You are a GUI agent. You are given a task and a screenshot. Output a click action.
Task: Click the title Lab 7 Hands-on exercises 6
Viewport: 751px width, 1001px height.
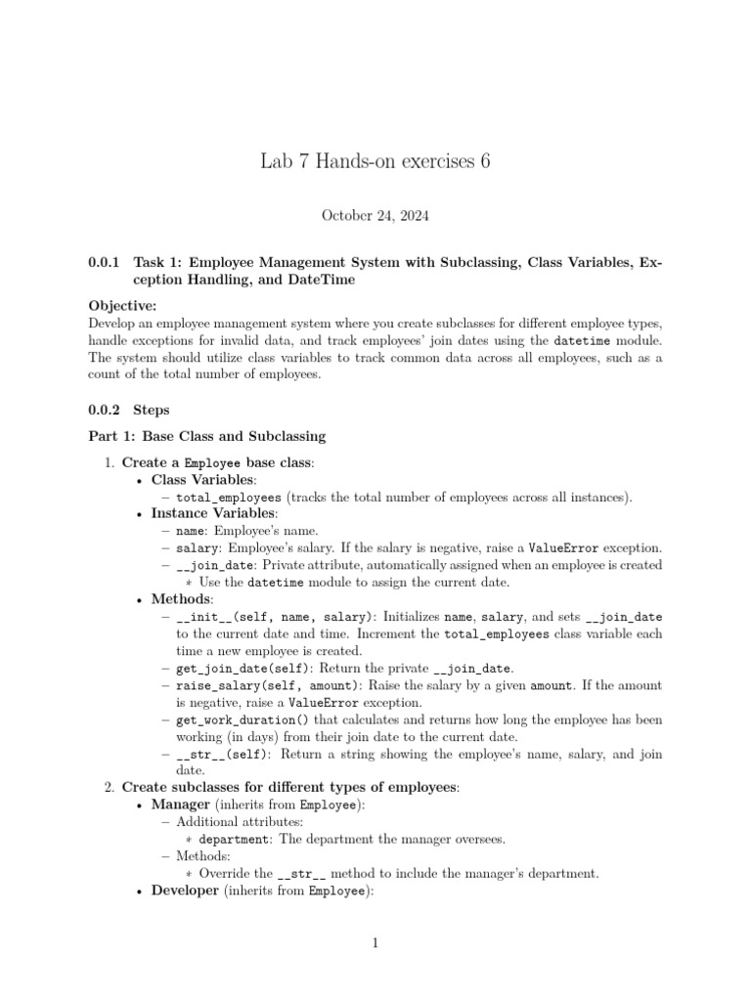pyautogui.click(x=375, y=160)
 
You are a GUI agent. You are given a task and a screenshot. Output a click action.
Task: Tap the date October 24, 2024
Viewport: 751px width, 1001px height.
pyautogui.click(x=375, y=214)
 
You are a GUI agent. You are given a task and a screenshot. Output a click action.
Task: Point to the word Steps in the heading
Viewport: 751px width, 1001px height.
pyautogui.click(x=152, y=411)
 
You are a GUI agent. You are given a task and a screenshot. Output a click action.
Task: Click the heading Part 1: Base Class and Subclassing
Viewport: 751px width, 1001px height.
pyautogui.click(x=207, y=436)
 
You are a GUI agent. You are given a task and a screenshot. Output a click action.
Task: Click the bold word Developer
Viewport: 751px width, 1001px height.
pyautogui.click(x=185, y=891)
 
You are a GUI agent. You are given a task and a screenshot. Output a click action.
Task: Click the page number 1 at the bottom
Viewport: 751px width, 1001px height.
pyautogui.click(x=375, y=943)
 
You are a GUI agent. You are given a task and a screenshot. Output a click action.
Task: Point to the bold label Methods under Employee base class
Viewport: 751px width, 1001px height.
pyautogui.click(x=182, y=599)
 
